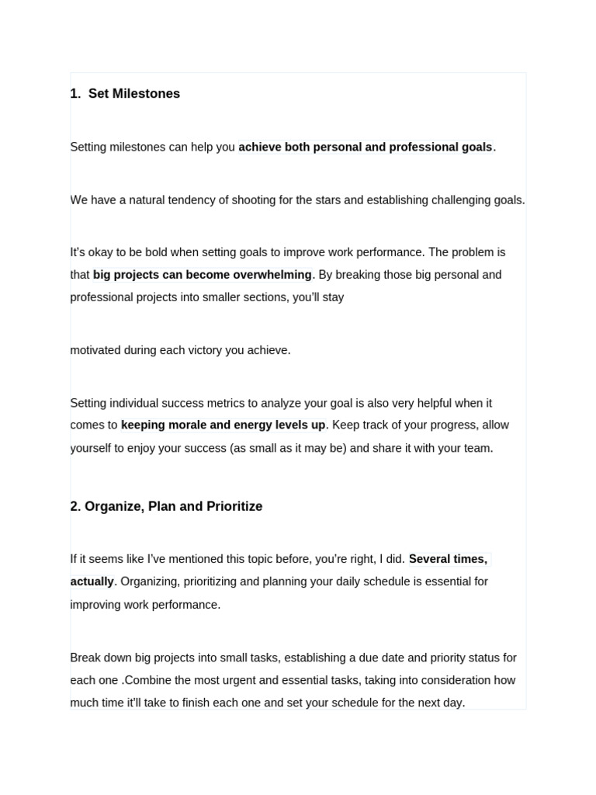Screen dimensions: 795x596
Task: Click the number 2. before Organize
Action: (75, 506)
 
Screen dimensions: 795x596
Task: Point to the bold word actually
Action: (92, 581)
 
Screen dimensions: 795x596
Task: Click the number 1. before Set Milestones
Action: (75, 94)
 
